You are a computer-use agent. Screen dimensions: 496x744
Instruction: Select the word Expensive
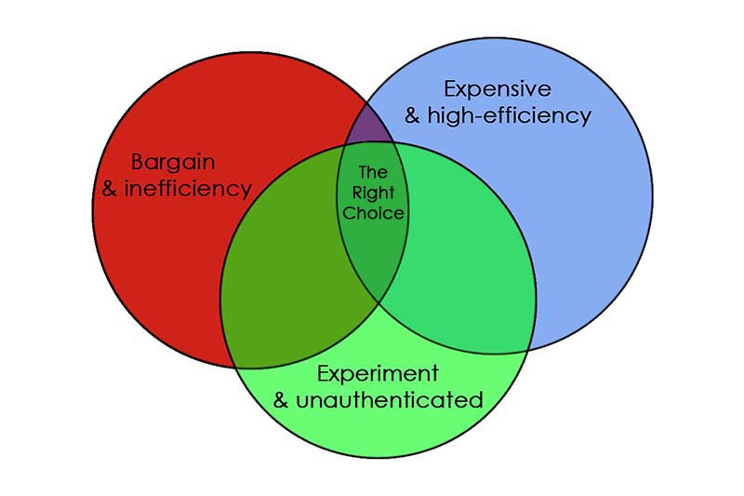pos(498,89)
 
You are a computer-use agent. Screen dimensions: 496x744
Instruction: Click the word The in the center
pos(372,173)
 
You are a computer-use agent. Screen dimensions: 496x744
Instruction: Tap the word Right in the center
pos(372,193)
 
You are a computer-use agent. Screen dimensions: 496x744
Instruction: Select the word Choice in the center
pos(373,213)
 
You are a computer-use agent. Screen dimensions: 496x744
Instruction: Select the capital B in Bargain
pos(138,162)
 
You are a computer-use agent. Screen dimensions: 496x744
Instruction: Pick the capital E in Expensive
pos(450,89)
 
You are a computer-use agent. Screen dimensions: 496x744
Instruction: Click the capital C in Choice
pos(349,213)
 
